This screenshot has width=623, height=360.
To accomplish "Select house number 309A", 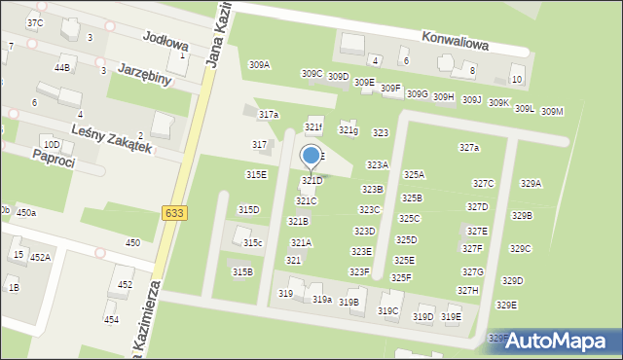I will (x=259, y=65).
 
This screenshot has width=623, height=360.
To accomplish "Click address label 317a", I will (x=268, y=115).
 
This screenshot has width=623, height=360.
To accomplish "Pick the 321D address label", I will (x=311, y=181).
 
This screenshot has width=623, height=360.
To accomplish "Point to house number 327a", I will (x=469, y=148).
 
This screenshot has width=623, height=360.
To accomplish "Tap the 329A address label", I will (x=531, y=183).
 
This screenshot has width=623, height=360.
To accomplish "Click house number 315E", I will (x=256, y=175).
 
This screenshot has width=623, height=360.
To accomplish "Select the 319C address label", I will (x=388, y=311).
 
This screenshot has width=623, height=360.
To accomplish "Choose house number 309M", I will (x=552, y=111).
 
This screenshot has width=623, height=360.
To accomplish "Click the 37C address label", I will (x=35, y=22).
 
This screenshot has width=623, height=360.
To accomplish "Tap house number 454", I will (x=112, y=319).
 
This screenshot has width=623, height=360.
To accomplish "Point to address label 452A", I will (x=40, y=258).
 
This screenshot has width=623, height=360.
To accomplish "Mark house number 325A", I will (x=414, y=175).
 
